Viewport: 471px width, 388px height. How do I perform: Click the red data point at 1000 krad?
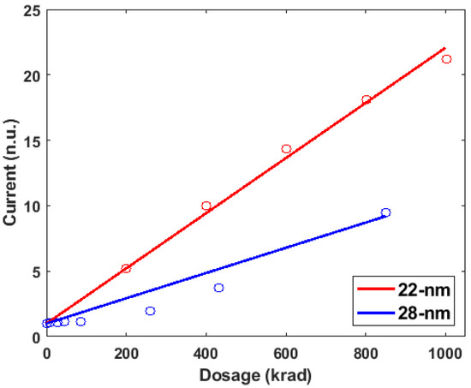coord(446,59)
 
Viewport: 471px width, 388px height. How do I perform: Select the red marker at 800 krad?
coord(367,100)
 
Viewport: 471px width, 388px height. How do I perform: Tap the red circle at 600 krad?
coord(286,149)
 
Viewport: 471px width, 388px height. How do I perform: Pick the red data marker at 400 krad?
coord(206,206)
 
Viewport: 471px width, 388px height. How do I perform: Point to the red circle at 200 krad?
coord(126,268)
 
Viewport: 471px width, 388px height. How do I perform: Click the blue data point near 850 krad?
coord(385,212)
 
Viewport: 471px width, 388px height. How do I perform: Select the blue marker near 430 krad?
coord(218,288)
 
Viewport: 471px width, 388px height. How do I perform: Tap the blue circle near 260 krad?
coord(150,311)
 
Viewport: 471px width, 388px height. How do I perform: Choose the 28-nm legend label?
coord(427,312)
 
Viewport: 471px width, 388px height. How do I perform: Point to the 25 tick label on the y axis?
coord(29,10)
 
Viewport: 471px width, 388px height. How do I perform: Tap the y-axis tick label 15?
coord(29,141)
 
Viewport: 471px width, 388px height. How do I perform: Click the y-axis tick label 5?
coord(33,272)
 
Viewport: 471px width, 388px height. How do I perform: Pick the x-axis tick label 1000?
coord(445,352)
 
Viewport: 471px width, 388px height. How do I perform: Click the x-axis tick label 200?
coord(126,352)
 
